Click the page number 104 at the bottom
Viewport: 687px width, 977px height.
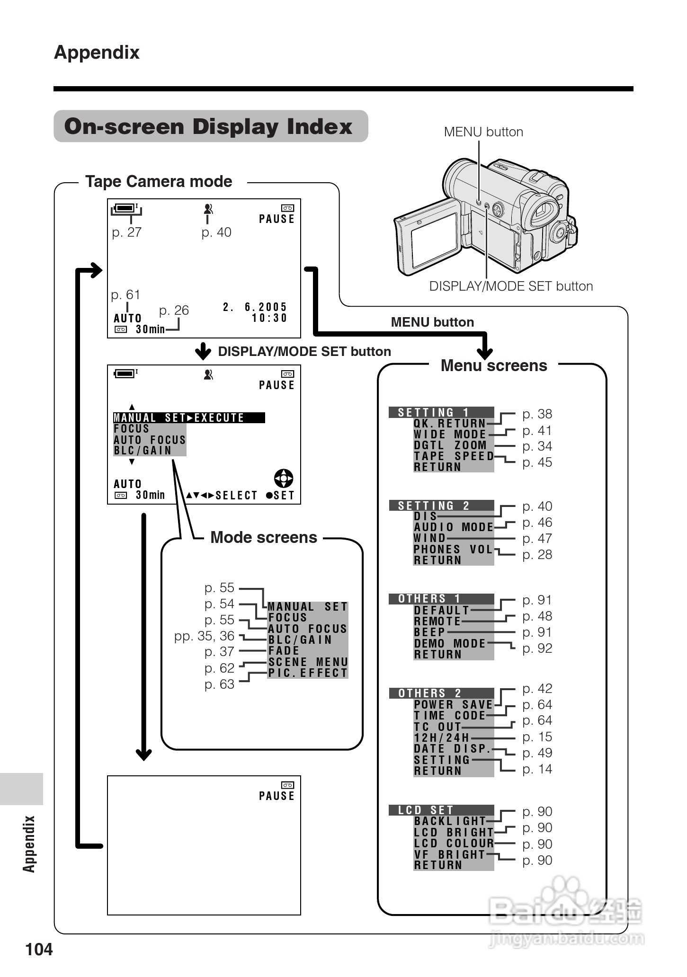click(39, 949)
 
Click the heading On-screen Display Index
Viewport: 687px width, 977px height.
click(208, 126)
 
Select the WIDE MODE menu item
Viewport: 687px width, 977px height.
click(450, 434)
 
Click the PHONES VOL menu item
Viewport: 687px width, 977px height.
click(453, 549)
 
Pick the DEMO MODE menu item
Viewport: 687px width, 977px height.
click(450, 643)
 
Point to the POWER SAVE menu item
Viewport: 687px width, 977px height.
click(453, 704)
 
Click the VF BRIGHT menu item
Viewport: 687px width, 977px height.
click(449, 854)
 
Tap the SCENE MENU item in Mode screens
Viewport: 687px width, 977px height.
click(308, 662)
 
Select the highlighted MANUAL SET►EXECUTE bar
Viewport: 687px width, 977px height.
click(188, 417)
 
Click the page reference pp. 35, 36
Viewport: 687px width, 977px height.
click(204, 636)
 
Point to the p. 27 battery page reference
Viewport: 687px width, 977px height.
click(126, 232)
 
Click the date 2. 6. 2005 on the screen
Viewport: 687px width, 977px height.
click(255, 307)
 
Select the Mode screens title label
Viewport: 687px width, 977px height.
click(263, 537)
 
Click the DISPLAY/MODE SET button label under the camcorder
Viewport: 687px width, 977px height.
click(510, 286)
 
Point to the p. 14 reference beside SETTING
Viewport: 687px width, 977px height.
click(537, 769)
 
